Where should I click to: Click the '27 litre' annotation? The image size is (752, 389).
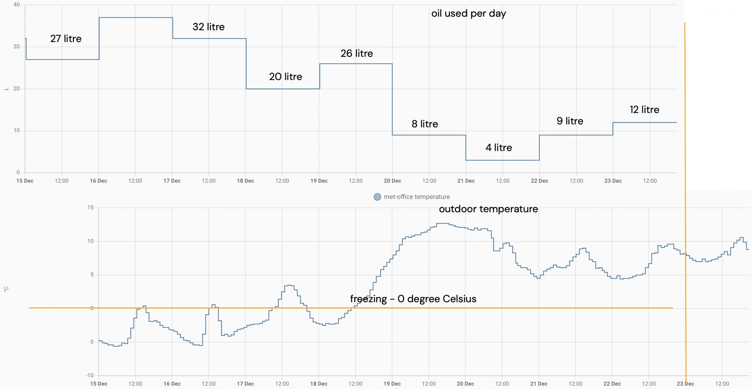click(x=66, y=39)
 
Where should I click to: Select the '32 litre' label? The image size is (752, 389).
click(x=209, y=27)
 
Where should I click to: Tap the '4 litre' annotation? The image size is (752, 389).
click(x=499, y=148)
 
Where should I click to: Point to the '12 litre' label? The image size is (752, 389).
click(x=644, y=110)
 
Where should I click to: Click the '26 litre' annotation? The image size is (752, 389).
click(x=357, y=54)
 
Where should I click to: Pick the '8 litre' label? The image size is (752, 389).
click(x=425, y=124)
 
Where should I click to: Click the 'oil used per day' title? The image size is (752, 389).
click(x=469, y=14)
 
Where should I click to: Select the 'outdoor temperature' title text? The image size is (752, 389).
click(x=488, y=209)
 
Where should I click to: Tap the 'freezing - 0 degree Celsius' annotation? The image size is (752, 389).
click(x=413, y=299)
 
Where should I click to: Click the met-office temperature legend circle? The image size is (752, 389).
click(x=377, y=197)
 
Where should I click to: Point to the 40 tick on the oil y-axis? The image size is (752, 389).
click(x=17, y=5)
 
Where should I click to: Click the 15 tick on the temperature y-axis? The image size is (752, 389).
click(x=90, y=208)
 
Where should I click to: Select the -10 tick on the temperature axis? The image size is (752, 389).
click(x=90, y=375)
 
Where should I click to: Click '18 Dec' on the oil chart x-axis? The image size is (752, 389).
click(x=245, y=181)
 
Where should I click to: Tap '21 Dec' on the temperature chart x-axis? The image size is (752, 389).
click(x=539, y=384)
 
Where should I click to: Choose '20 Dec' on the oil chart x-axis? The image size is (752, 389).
click(x=392, y=181)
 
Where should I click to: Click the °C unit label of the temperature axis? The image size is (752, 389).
click(x=6, y=290)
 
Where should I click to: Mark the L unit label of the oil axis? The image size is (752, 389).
click(x=6, y=89)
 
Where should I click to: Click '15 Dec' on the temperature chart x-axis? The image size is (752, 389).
click(x=98, y=384)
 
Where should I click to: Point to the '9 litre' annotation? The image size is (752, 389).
click(x=570, y=121)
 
